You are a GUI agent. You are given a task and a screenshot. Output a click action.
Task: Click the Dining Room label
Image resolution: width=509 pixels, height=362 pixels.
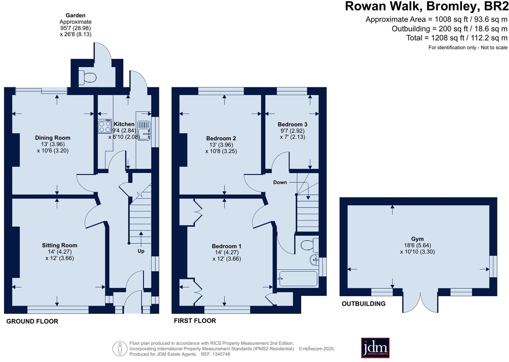[53, 138]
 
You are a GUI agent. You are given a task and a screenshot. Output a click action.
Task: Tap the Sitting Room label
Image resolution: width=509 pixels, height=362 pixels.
[59, 245]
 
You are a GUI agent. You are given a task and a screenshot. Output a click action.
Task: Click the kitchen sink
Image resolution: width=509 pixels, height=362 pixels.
[144, 130]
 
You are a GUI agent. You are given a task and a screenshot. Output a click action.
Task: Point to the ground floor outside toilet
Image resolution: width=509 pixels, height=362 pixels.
[88, 78]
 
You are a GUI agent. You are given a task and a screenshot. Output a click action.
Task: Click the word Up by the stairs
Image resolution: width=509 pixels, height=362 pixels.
[141, 251]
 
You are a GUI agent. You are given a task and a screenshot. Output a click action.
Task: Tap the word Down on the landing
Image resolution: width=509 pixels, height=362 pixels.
[280, 182]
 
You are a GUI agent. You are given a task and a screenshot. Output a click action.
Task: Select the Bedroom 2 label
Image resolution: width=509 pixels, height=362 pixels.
[221, 138]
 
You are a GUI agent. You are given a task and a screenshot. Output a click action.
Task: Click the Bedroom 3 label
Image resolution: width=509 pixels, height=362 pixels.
[292, 124]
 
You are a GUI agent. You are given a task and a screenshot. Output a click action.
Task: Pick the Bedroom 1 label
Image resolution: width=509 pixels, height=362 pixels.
[227, 246]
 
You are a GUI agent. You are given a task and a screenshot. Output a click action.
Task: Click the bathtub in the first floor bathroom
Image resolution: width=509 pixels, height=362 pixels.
[298, 279]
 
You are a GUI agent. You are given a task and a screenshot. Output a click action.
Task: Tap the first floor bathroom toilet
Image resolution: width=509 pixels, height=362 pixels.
[308, 246]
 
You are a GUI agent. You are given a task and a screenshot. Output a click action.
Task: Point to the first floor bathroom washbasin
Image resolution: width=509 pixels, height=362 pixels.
[314, 260]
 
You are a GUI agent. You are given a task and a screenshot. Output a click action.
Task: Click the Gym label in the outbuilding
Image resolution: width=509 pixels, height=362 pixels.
[417, 239]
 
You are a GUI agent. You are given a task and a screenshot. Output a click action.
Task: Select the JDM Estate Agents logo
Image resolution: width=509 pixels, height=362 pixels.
[375, 348]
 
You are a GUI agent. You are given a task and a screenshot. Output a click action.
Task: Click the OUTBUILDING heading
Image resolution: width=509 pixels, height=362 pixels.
[363, 304]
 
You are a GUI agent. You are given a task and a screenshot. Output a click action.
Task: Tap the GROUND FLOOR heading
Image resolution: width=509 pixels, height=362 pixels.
[32, 321]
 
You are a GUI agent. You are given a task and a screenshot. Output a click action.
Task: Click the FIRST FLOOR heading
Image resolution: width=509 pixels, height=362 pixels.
[195, 321]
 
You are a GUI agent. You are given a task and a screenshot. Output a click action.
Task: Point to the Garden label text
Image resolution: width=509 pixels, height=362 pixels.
[75, 15]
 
